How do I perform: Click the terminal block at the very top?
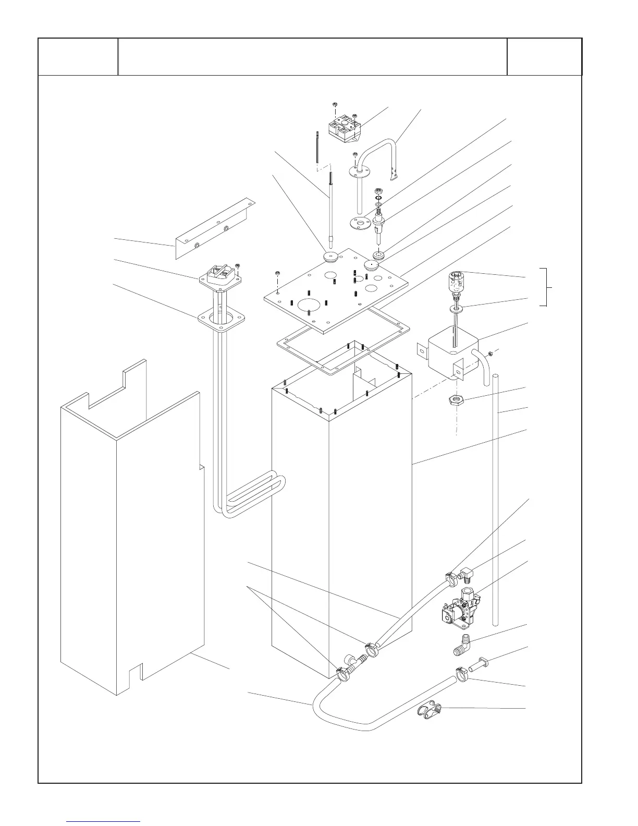(x=344, y=125)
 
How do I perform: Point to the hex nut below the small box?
(x=456, y=400)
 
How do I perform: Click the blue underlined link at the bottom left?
(x=104, y=821)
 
